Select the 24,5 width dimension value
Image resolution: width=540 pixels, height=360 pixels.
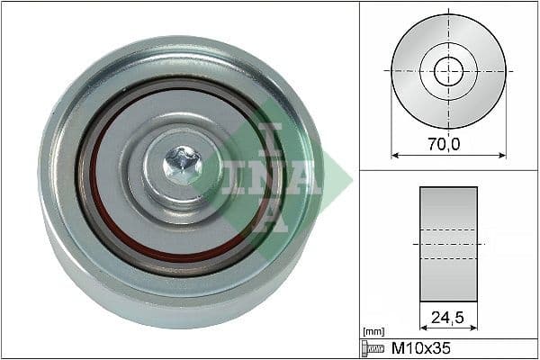pyautogui.click(x=447, y=316)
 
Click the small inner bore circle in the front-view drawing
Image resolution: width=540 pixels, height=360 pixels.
pyautogui.click(x=448, y=70)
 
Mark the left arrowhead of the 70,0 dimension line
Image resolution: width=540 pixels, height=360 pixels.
pyautogui.click(x=393, y=154)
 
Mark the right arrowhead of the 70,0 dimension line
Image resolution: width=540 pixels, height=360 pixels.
pyautogui.click(x=503, y=154)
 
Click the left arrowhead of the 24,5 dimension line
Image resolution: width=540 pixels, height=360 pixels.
pyautogui.click(x=422, y=328)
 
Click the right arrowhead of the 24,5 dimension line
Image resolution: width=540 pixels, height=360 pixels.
pyautogui.click(x=474, y=328)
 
